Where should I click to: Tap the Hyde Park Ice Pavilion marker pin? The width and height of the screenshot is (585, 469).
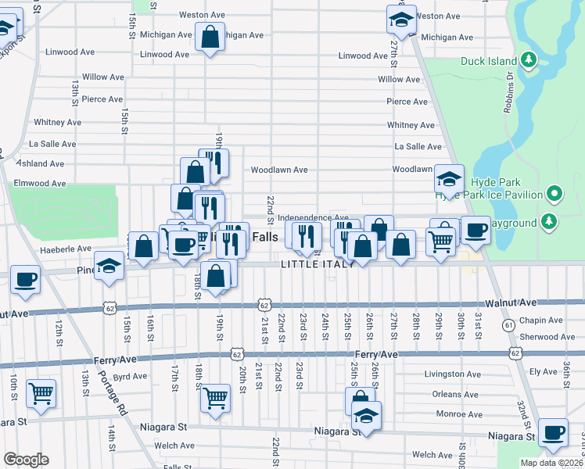click(554, 193)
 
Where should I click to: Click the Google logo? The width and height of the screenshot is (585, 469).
click(26, 459)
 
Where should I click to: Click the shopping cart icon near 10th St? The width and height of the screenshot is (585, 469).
click(40, 392)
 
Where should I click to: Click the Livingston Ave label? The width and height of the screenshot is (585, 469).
click(452, 374)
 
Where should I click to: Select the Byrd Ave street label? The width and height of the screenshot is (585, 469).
click(130, 376)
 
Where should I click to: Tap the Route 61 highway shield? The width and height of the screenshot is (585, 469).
click(508, 324)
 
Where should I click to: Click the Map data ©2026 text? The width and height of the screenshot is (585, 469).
click(551, 463)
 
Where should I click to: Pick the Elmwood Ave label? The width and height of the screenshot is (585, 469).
click(40, 183)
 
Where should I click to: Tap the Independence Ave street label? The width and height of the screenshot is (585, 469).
click(313, 218)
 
